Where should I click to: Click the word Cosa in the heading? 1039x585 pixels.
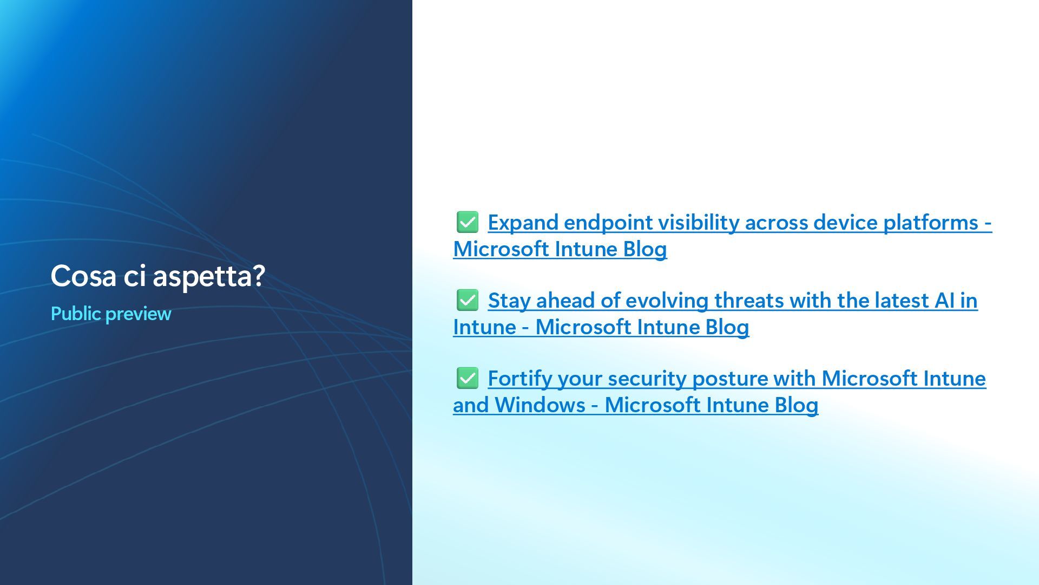click(x=84, y=276)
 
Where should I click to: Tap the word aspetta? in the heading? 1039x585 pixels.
click(x=209, y=277)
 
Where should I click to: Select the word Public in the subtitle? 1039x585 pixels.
click(x=76, y=314)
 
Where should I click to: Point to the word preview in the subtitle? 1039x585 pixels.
click(x=138, y=314)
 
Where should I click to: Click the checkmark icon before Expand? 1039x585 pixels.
click(x=468, y=222)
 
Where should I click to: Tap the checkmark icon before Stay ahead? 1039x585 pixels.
click(x=468, y=300)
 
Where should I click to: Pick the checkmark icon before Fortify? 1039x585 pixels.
click(x=468, y=378)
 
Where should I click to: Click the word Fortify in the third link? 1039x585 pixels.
click(x=520, y=379)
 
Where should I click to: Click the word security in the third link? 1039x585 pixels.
click(x=647, y=379)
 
